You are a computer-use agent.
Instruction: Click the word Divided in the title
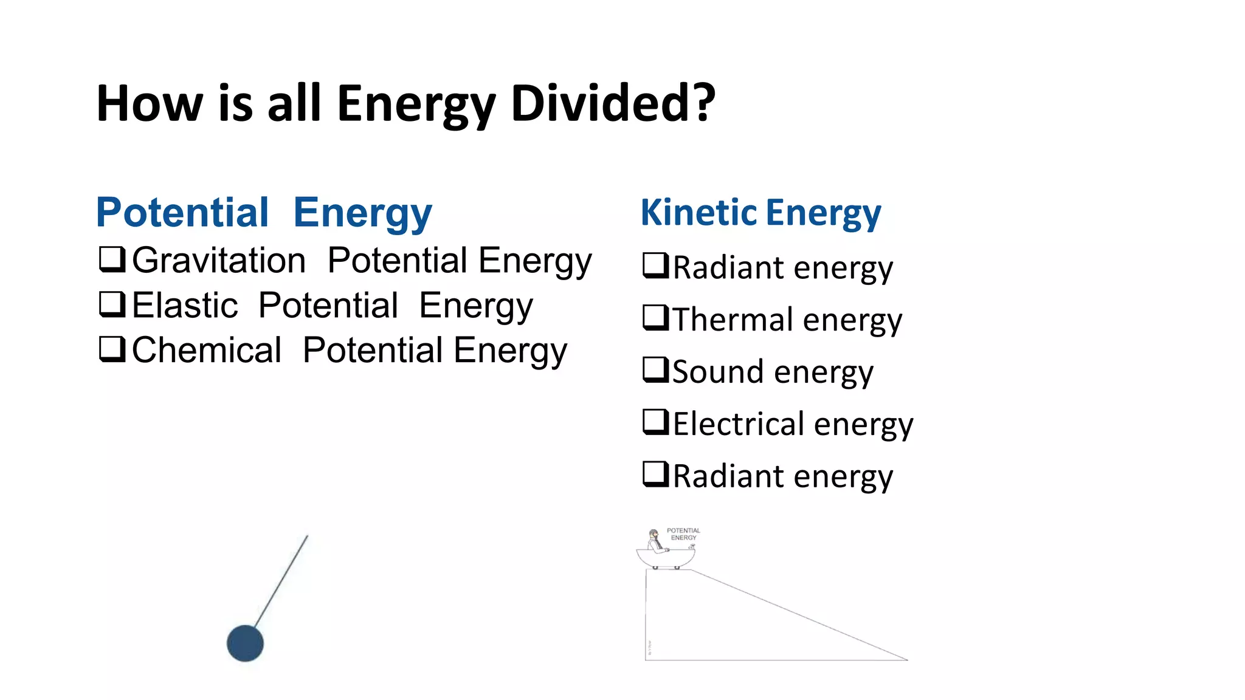[613, 103]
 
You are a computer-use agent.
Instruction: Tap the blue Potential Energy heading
[264, 213]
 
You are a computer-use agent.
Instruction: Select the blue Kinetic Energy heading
[760, 213]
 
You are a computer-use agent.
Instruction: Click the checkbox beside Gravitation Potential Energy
[112, 259]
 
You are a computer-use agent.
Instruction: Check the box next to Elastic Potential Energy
[112, 304]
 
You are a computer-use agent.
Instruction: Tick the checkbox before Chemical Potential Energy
[112, 349]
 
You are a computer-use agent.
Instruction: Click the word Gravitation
[219, 261]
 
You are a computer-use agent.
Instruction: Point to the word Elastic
[185, 305]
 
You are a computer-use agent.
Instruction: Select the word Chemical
[207, 350]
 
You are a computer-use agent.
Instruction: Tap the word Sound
[717, 372]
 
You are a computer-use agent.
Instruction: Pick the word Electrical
[739, 424]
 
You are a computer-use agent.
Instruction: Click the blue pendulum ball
[245, 643]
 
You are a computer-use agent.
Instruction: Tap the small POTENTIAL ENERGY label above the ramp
[683, 534]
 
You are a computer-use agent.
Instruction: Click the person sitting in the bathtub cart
[655, 540]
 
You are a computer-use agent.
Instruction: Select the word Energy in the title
[416, 103]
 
